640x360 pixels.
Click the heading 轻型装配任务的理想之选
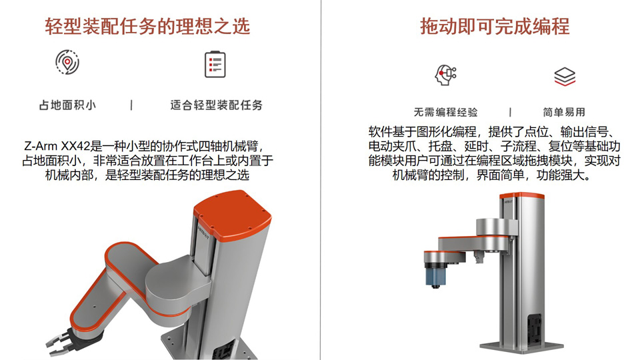click(147, 27)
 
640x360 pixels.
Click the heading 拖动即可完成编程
click(495, 27)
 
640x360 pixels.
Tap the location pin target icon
click(67, 63)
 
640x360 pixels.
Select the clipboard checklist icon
click(215, 64)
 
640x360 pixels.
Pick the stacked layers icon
click(565, 77)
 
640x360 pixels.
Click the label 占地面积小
click(67, 105)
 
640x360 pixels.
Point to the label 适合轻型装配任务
click(216, 105)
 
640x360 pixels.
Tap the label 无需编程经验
click(446, 112)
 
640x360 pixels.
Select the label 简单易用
click(564, 112)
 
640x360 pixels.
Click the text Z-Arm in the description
click(41, 146)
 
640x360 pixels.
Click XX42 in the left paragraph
click(75, 146)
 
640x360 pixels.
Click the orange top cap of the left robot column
click(232, 214)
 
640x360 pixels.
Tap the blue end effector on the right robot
click(435, 275)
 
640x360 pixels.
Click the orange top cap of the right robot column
click(521, 195)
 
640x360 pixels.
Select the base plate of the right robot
click(521, 347)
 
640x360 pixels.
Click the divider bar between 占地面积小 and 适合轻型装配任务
click(131, 105)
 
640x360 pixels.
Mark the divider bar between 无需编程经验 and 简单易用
click(510, 112)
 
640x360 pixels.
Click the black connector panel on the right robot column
click(534, 329)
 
